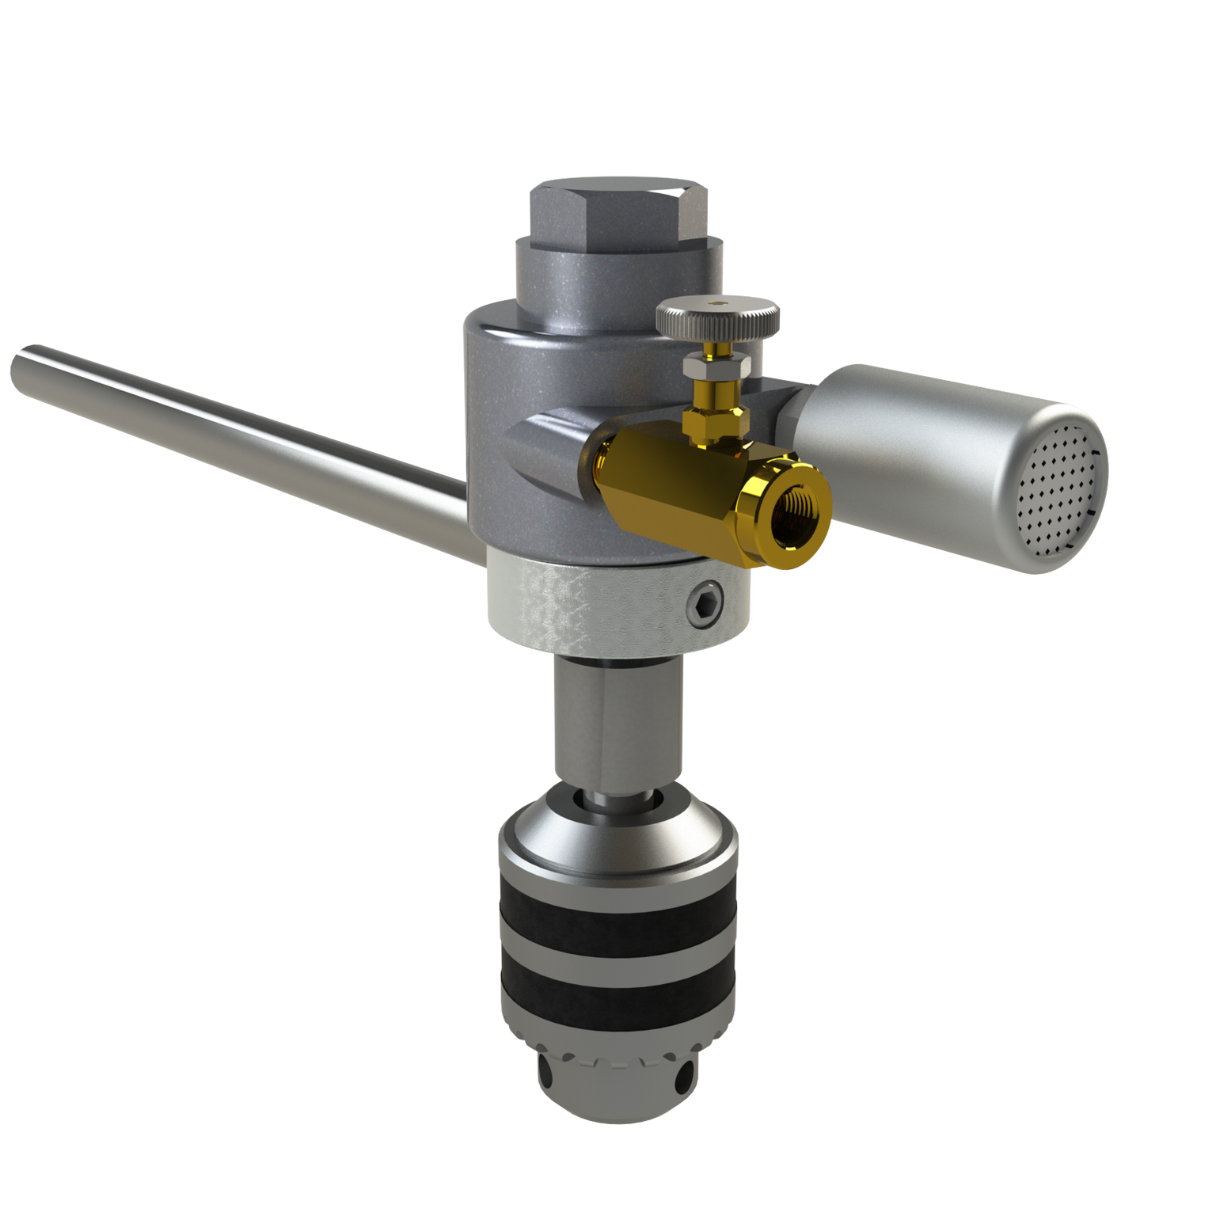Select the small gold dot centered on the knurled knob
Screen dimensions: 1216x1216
click(718, 303)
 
